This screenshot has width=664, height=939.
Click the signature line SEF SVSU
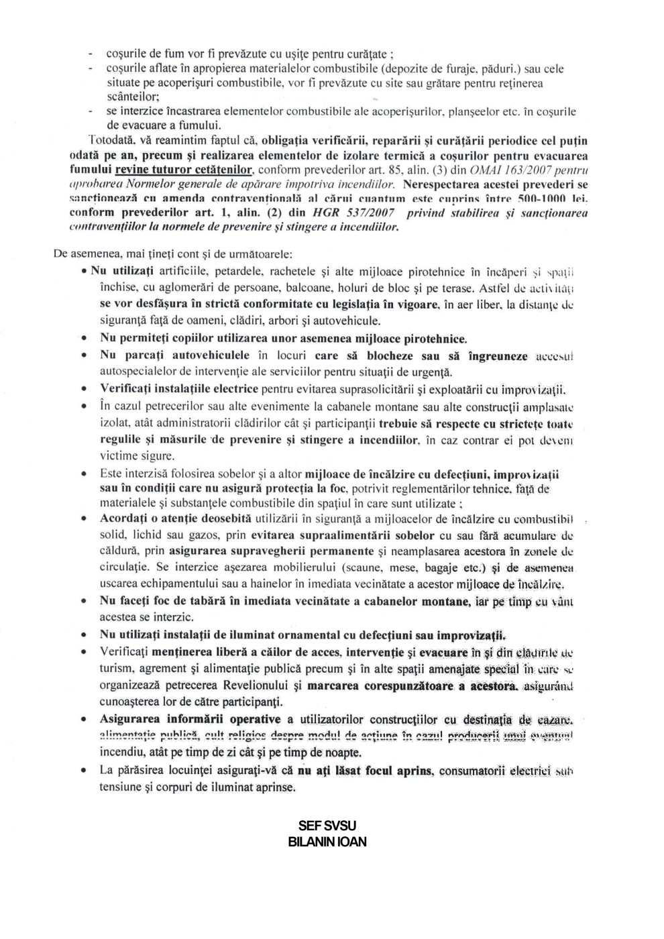[327, 826]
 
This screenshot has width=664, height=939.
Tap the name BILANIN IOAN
[327, 842]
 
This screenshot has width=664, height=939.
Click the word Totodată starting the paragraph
[112, 140]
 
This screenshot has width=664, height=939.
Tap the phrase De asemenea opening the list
[83, 255]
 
